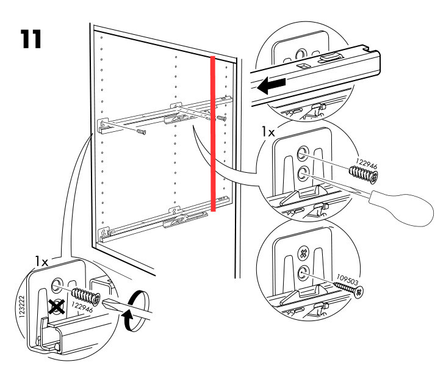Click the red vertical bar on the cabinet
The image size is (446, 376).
pos(212,133)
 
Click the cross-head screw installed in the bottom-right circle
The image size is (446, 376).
pos(301,251)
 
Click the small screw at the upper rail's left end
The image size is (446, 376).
pos(142,131)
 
